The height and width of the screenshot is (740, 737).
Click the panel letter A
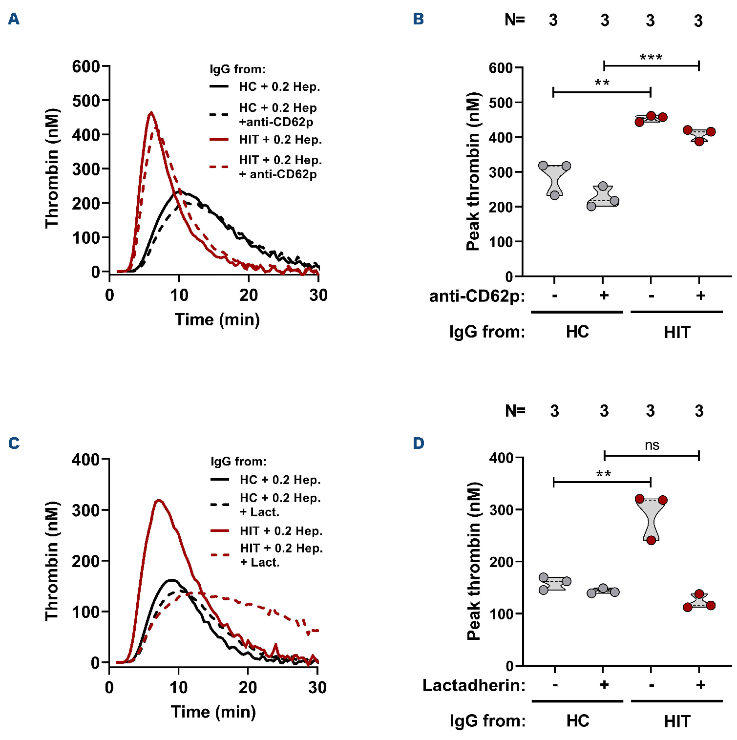click(x=14, y=19)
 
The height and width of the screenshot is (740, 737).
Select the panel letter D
click(x=419, y=443)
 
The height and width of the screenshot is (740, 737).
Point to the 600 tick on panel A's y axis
click(x=86, y=66)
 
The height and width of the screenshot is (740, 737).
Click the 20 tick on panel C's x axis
click(x=248, y=687)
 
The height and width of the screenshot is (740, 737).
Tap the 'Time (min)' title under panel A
click(x=217, y=319)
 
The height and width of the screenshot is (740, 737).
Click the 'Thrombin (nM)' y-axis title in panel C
click(x=51, y=561)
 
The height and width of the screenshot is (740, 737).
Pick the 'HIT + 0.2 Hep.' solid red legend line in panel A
click(x=219, y=140)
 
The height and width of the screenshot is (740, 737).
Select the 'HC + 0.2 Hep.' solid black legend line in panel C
click(x=220, y=480)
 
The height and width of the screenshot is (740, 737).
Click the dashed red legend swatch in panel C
click(x=220, y=555)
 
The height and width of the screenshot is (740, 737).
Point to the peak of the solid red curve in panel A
click(x=151, y=113)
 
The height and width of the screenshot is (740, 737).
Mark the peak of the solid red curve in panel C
click(x=158, y=500)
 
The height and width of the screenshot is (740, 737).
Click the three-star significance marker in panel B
click(x=651, y=58)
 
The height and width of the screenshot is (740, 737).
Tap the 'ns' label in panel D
click(x=652, y=445)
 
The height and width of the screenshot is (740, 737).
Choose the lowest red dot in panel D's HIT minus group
click(x=651, y=540)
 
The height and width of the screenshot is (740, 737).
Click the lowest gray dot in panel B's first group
click(x=555, y=195)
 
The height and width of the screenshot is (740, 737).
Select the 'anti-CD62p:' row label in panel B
click(x=477, y=296)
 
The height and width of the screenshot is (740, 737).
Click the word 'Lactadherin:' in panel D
click(x=474, y=685)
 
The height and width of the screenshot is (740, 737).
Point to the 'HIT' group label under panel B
click(x=677, y=332)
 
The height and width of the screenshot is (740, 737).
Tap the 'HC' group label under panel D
click(x=578, y=721)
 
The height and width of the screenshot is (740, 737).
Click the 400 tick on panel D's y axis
click(x=501, y=458)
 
